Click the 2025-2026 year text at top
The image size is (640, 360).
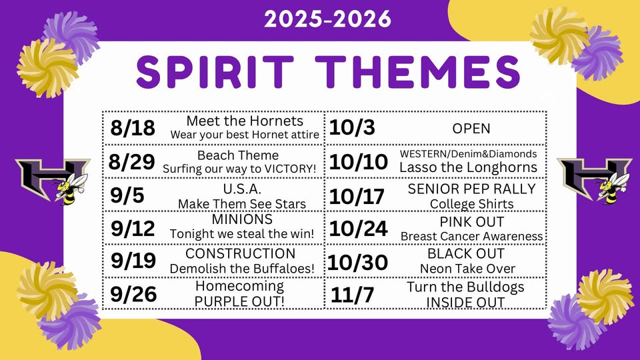(327, 19)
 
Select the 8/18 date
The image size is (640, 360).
(133, 128)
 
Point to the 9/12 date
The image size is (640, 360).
(133, 228)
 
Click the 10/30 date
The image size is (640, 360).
(357, 262)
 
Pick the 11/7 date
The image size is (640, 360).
(352, 295)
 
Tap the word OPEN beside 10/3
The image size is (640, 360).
(471, 129)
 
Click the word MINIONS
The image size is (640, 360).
(242, 219)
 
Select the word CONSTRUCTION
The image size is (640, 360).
(241, 253)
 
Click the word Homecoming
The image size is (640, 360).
(239, 286)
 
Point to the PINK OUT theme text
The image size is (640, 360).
(472, 221)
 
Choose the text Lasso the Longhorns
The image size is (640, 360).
(468, 167)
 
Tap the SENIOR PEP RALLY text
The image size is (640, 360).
(471, 189)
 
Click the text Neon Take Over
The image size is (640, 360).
(467, 269)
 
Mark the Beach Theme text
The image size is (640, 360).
(238, 155)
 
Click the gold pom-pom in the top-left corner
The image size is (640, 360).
(47, 68)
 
